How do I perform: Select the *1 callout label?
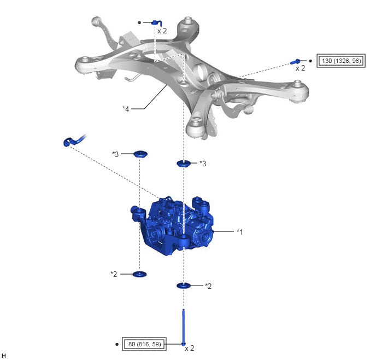click(x=240, y=232)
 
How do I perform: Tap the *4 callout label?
click(x=126, y=109)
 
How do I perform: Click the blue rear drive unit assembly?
click(x=172, y=225)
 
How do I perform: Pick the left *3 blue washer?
click(x=140, y=154)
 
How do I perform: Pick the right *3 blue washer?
click(x=184, y=164)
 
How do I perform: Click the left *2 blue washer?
click(x=139, y=274)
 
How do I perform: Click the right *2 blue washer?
click(x=184, y=286)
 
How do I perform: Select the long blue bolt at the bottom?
click(x=184, y=327)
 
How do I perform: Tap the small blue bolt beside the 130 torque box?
click(x=295, y=62)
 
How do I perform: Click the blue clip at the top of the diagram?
click(x=157, y=23)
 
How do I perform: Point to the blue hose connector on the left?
click(x=74, y=141)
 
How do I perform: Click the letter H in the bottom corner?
click(x=4, y=356)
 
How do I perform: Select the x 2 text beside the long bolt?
click(x=189, y=349)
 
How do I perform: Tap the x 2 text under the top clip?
click(x=162, y=31)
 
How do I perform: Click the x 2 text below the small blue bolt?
click(x=300, y=68)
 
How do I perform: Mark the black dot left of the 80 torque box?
click(x=117, y=344)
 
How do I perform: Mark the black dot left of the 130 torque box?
click(x=310, y=61)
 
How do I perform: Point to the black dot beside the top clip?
click(x=139, y=22)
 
